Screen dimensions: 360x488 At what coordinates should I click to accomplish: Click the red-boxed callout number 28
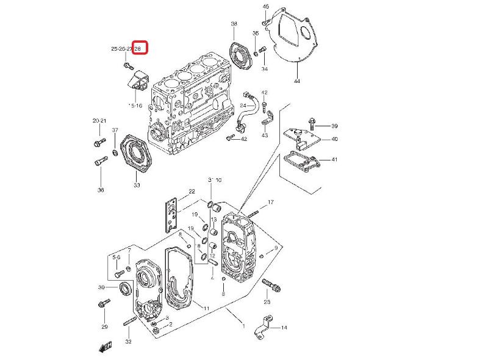[139, 48]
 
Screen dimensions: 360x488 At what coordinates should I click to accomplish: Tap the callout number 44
[296, 81]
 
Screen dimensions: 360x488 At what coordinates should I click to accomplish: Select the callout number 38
[234, 24]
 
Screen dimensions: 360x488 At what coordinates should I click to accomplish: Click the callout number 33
[137, 185]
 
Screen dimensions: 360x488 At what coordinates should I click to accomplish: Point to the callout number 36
[101, 190]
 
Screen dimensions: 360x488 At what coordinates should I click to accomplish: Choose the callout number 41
[334, 159]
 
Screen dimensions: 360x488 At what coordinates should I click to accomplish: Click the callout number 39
[334, 126]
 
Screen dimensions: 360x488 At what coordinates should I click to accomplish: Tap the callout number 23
[267, 302]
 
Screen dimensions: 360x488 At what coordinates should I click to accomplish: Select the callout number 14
[284, 328]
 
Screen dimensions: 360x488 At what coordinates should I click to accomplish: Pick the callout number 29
[104, 327]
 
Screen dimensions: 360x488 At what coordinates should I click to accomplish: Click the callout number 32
[128, 342]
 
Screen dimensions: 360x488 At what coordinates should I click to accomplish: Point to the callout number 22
[192, 192]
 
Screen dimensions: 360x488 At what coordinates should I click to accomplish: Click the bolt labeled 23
[269, 284]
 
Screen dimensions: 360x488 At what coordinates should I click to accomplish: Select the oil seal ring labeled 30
[124, 288]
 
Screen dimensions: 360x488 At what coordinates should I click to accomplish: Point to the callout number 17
[271, 202]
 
